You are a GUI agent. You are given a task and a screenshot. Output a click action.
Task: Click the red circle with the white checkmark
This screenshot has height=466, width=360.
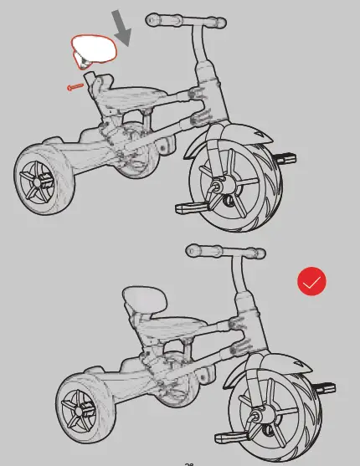coord(311,282)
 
